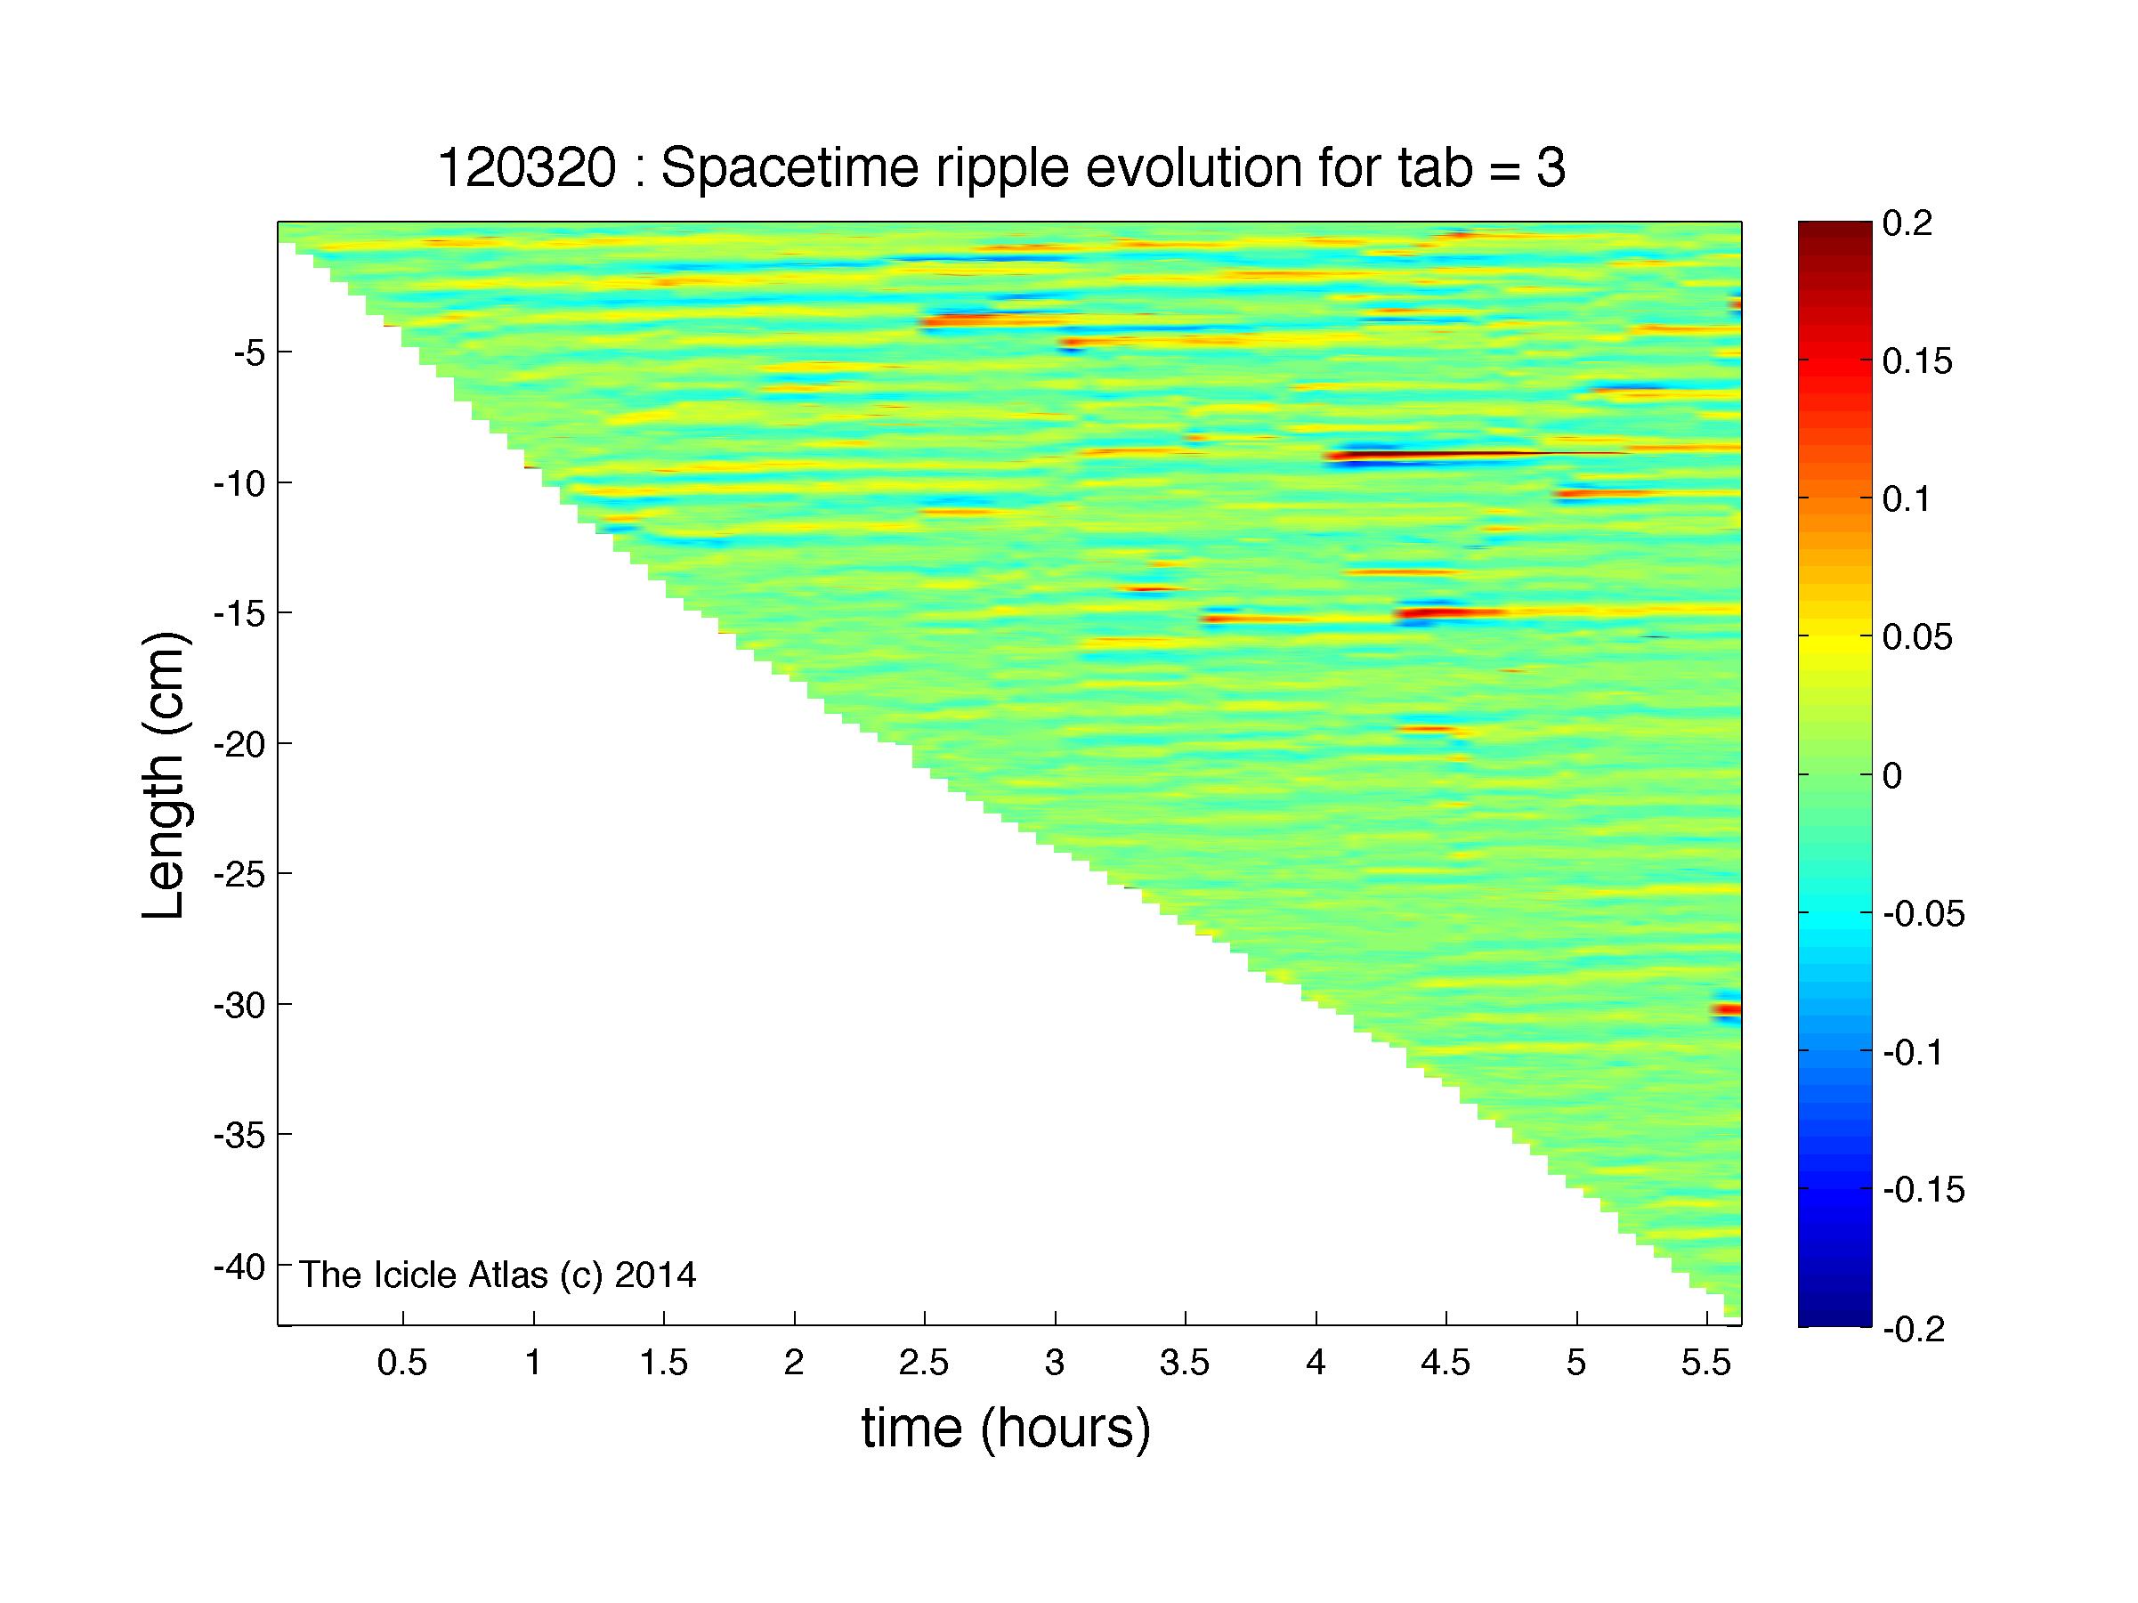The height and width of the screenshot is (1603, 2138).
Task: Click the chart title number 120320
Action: [527, 169]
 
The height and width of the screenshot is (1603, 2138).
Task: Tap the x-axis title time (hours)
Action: [1006, 1429]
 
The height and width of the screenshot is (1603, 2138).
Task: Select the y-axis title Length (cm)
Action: [164, 775]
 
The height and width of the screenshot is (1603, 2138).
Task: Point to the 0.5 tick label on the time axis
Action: [402, 1363]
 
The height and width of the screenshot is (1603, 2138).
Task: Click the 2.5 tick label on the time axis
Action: [924, 1363]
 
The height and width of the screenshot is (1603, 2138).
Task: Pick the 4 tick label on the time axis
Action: [1316, 1363]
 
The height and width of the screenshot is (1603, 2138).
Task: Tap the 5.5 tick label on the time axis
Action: [1707, 1363]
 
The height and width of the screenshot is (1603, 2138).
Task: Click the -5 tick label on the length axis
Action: [249, 352]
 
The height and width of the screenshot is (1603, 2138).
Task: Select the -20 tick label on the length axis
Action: [239, 744]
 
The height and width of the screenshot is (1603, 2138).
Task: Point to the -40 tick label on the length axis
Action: [239, 1266]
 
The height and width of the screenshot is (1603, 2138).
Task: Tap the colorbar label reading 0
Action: [1892, 776]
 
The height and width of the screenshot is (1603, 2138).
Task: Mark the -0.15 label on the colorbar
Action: [1924, 1190]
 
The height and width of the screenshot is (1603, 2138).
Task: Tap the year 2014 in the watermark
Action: [655, 1275]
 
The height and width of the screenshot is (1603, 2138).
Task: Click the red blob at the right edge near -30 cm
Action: [1726, 1009]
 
